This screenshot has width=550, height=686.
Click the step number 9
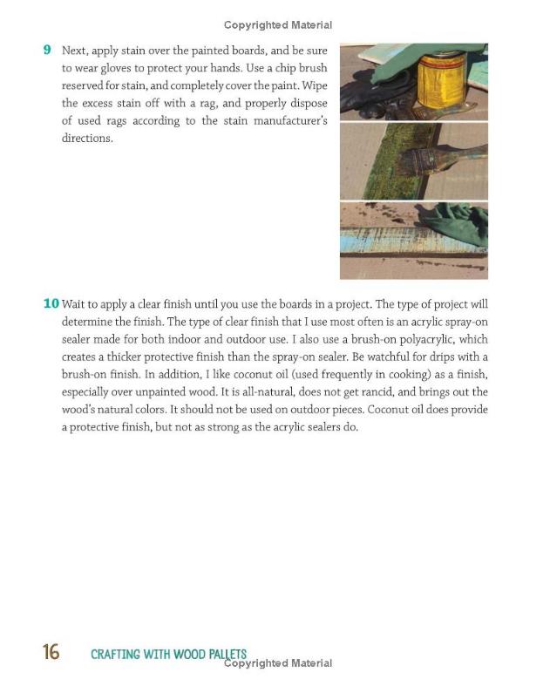click(x=47, y=50)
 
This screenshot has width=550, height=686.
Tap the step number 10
click(x=51, y=303)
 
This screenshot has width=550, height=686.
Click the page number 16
click(x=51, y=652)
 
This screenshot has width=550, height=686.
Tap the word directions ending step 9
click(x=86, y=139)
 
